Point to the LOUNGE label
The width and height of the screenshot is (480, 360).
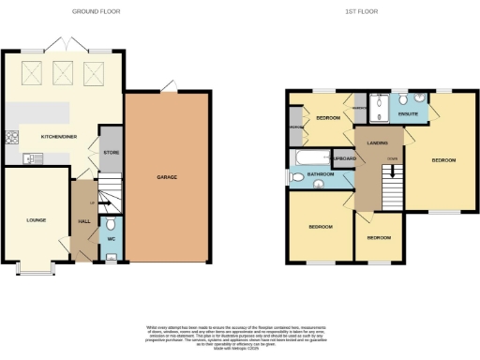click(x=37, y=220)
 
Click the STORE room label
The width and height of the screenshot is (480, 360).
click(x=111, y=151)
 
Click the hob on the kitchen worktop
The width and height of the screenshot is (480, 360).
click(x=12, y=138)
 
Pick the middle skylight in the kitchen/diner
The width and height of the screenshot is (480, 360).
click(x=66, y=71)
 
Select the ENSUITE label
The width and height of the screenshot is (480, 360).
click(x=408, y=114)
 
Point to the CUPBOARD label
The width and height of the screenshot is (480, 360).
click(x=343, y=158)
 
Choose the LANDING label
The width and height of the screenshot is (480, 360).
click(x=379, y=142)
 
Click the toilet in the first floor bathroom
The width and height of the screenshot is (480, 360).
click(x=297, y=175)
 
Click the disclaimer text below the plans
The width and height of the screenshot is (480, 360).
click(x=240, y=333)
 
